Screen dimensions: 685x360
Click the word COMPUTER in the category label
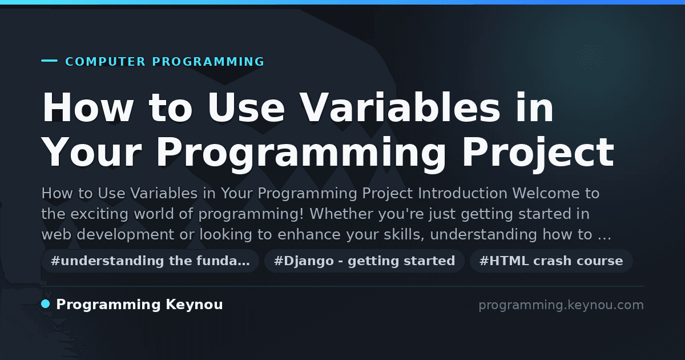click(x=105, y=62)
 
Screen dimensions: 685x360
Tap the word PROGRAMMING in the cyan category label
click(x=208, y=62)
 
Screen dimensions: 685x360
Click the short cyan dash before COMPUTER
click(x=49, y=61)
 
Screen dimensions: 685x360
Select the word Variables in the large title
click(x=400, y=108)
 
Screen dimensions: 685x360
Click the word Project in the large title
click(x=538, y=153)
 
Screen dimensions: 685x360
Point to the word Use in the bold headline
click(x=246, y=108)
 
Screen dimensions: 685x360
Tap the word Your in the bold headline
click(x=91, y=153)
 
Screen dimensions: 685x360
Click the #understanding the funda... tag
click(x=150, y=261)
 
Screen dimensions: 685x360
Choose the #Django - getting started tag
click(x=365, y=261)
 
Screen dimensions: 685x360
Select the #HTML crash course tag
click(x=551, y=261)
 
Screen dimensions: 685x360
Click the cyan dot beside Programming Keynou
click(x=46, y=304)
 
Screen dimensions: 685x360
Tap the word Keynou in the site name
click(x=194, y=305)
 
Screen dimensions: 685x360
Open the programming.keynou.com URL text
click(x=561, y=305)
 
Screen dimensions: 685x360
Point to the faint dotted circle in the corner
click(x=590, y=57)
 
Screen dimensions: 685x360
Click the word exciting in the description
click(x=99, y=214)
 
